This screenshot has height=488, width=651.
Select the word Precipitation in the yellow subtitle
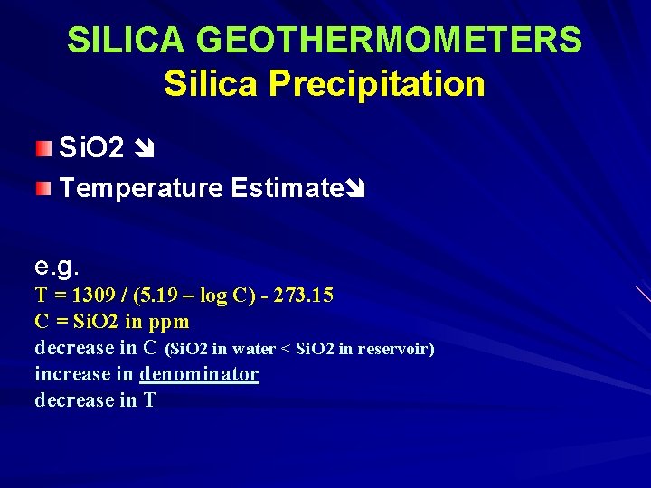point(378,84)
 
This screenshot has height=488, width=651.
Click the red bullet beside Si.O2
point(44,147)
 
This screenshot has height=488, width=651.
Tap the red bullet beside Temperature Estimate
point(44,188)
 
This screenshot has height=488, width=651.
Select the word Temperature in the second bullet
point(140,188)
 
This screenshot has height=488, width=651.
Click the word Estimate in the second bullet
point(288,188)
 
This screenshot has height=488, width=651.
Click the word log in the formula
point(215,296)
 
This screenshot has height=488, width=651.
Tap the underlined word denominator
point(199,374)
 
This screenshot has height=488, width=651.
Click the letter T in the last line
point(149,400)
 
